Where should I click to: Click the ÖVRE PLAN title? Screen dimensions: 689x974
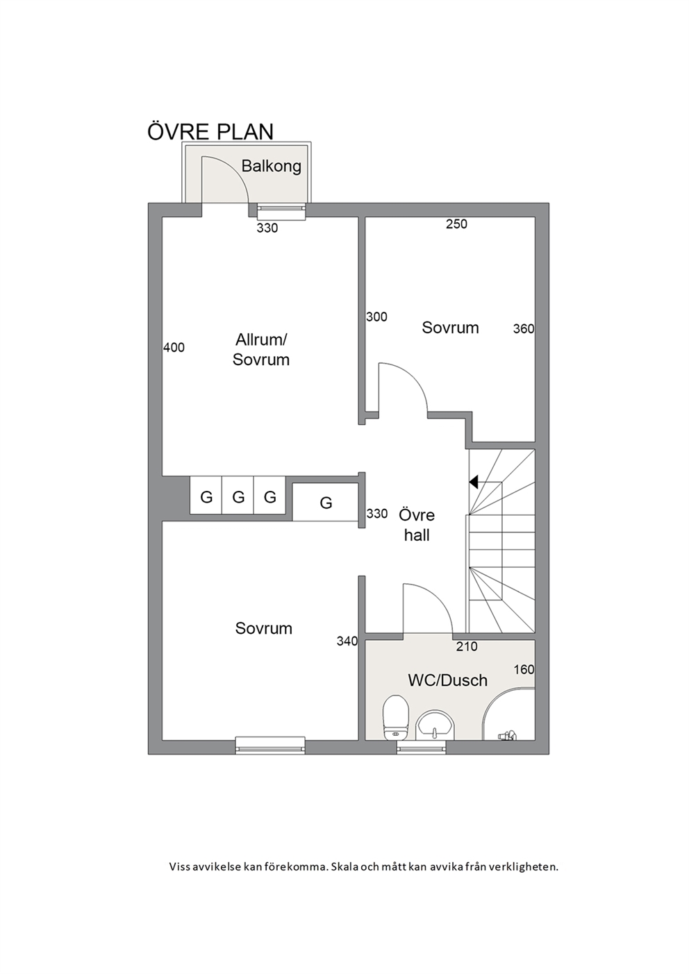210,132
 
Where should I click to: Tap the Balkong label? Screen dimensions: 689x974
272,166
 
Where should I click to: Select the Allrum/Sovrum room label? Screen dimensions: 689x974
261,350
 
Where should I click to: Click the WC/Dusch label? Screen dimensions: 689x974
447,680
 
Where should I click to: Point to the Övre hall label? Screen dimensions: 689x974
417,525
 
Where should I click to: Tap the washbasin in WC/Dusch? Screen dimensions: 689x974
435,725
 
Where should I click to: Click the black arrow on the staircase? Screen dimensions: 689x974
474,481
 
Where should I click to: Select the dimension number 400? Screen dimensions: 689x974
174,347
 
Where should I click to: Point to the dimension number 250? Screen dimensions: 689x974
457,224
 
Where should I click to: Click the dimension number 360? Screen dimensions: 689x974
523,329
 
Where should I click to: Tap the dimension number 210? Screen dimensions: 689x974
467,646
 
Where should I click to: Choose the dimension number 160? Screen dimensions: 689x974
524,670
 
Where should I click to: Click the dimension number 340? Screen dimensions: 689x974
347,641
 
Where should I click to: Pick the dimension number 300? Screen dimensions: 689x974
376,317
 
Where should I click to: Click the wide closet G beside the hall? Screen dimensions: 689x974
325,502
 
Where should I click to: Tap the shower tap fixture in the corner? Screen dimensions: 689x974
507,735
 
